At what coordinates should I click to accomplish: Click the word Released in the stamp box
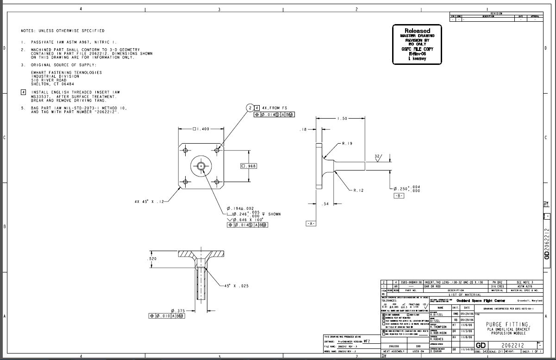point(418,31)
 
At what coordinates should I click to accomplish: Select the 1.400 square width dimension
point(201,129)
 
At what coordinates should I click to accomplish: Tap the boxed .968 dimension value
point(249,166)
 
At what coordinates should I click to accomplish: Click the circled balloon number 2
point(250,107)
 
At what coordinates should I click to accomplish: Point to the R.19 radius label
point(347,144)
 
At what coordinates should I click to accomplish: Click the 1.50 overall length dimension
point(343,119)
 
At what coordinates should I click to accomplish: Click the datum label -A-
point(311,223)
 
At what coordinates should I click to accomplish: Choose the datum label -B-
point(399,196)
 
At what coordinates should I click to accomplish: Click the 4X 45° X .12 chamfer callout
point(149,202)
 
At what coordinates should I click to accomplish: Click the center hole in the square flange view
point(201,166)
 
